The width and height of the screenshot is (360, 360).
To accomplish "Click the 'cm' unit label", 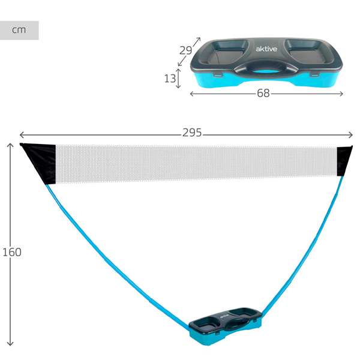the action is coord(19,30).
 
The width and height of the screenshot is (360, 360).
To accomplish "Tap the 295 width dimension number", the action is coord(192,133).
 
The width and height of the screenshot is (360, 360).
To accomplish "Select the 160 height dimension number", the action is coord(12,252).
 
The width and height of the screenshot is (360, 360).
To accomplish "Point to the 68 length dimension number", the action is coord(263,93).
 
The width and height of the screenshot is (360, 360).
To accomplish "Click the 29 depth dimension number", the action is coord(185,50).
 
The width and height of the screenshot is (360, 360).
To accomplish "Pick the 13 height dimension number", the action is coord(170,79).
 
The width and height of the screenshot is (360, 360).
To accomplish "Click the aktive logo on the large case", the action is coord(266,49).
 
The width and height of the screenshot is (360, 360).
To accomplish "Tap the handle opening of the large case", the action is coord(266,72).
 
